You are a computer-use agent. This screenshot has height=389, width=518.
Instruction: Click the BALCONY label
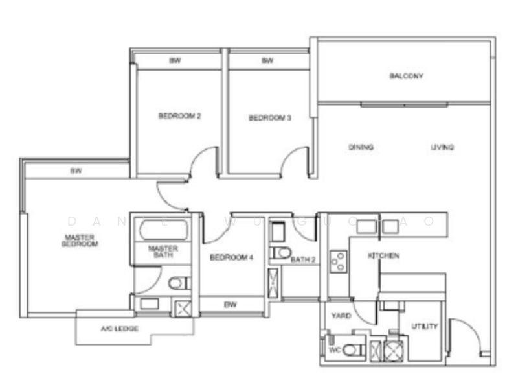point(406,77)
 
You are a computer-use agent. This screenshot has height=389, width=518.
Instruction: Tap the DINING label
point(361,147)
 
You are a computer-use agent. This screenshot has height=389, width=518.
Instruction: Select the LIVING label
point(442,147)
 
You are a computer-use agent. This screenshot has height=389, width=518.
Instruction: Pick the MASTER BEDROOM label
point(80,241)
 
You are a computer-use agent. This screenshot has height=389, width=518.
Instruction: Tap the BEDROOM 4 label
point(231,257)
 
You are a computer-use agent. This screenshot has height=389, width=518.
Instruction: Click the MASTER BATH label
point(163,252)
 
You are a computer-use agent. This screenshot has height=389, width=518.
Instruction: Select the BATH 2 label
point(302,260)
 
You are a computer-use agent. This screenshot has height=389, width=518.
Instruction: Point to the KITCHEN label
point(383,256)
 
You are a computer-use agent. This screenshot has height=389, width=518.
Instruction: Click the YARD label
point(341,316)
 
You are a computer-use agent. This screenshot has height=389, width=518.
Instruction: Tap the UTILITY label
point(425,326)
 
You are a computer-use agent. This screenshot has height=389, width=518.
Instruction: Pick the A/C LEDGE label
point(120,329)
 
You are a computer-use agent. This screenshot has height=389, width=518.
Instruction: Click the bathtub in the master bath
point(161,230)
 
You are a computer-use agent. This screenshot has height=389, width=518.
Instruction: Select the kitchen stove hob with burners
point(337,261)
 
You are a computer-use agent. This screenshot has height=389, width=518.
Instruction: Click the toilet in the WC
point(350,350)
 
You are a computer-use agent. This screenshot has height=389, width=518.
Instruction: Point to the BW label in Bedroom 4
point(229,303)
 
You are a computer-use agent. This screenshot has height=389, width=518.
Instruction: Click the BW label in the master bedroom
point(76,171)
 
